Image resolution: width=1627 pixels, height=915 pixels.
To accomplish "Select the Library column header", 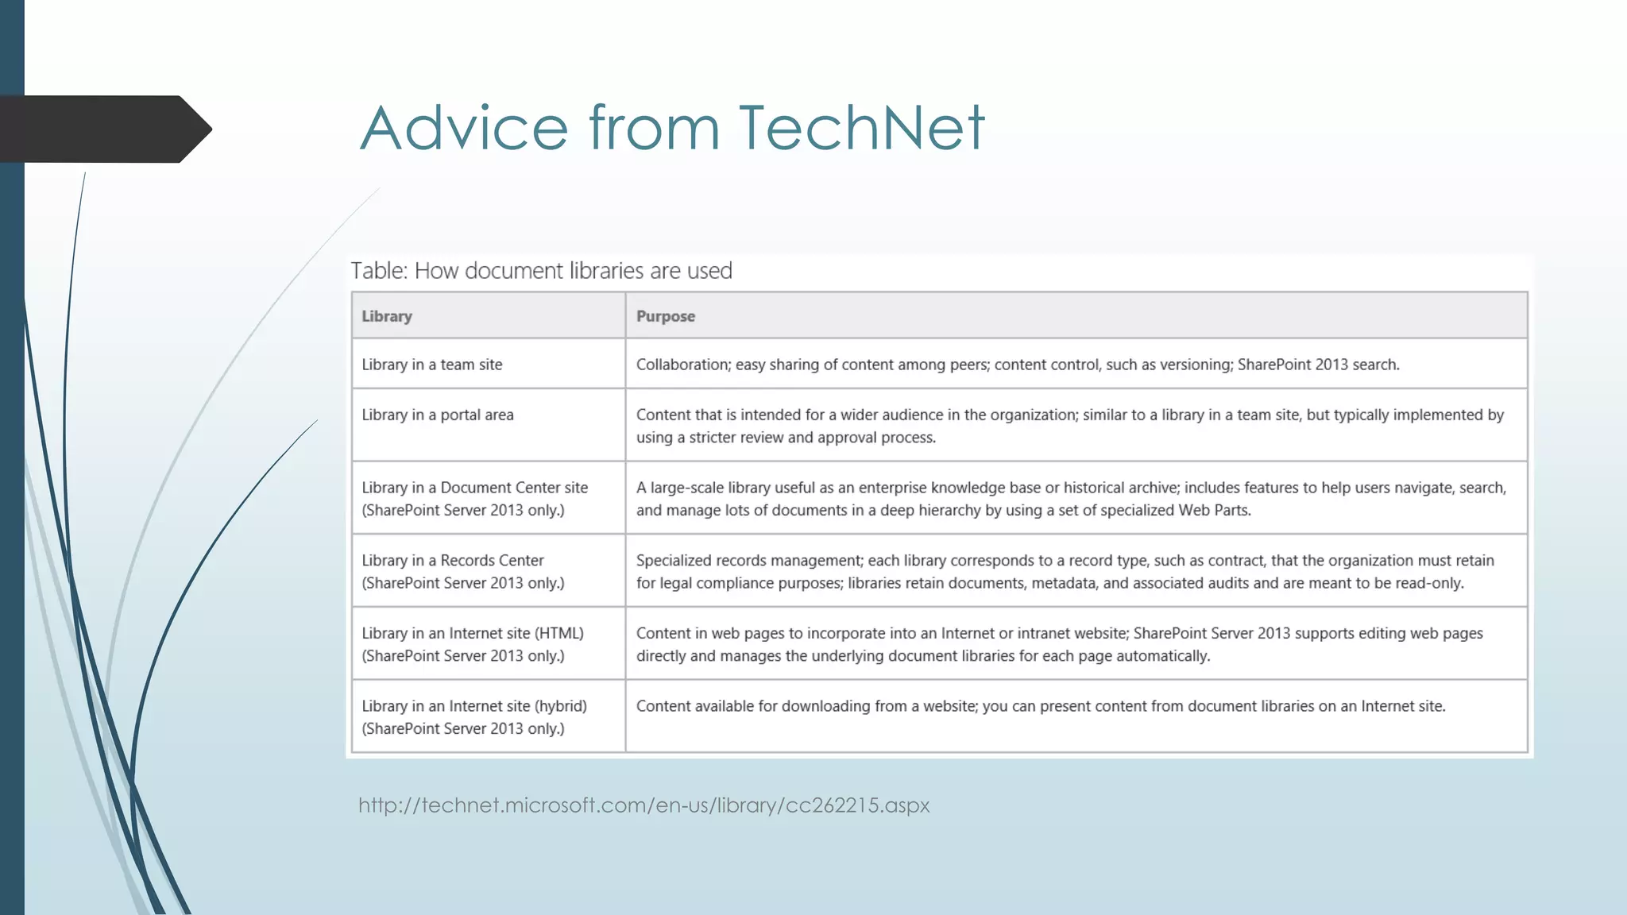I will click(387, 316).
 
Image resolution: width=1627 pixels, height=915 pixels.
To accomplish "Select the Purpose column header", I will click(666, 316).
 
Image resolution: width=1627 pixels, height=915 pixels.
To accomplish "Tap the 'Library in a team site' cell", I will click(432, 365).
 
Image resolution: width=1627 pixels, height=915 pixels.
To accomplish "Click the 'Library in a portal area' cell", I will click(438, 415).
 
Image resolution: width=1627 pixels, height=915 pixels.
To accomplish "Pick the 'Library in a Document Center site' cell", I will click(474, 498).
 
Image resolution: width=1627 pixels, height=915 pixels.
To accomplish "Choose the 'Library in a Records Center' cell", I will click(463, 571).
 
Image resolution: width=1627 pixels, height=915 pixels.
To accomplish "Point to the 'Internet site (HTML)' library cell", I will click(473, 644).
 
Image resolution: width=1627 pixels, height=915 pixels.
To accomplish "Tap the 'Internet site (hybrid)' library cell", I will click(474, 716).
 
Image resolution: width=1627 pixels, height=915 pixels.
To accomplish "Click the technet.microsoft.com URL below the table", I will click(643, 805).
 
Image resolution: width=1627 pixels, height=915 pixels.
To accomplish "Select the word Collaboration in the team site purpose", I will click(682, 365).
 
